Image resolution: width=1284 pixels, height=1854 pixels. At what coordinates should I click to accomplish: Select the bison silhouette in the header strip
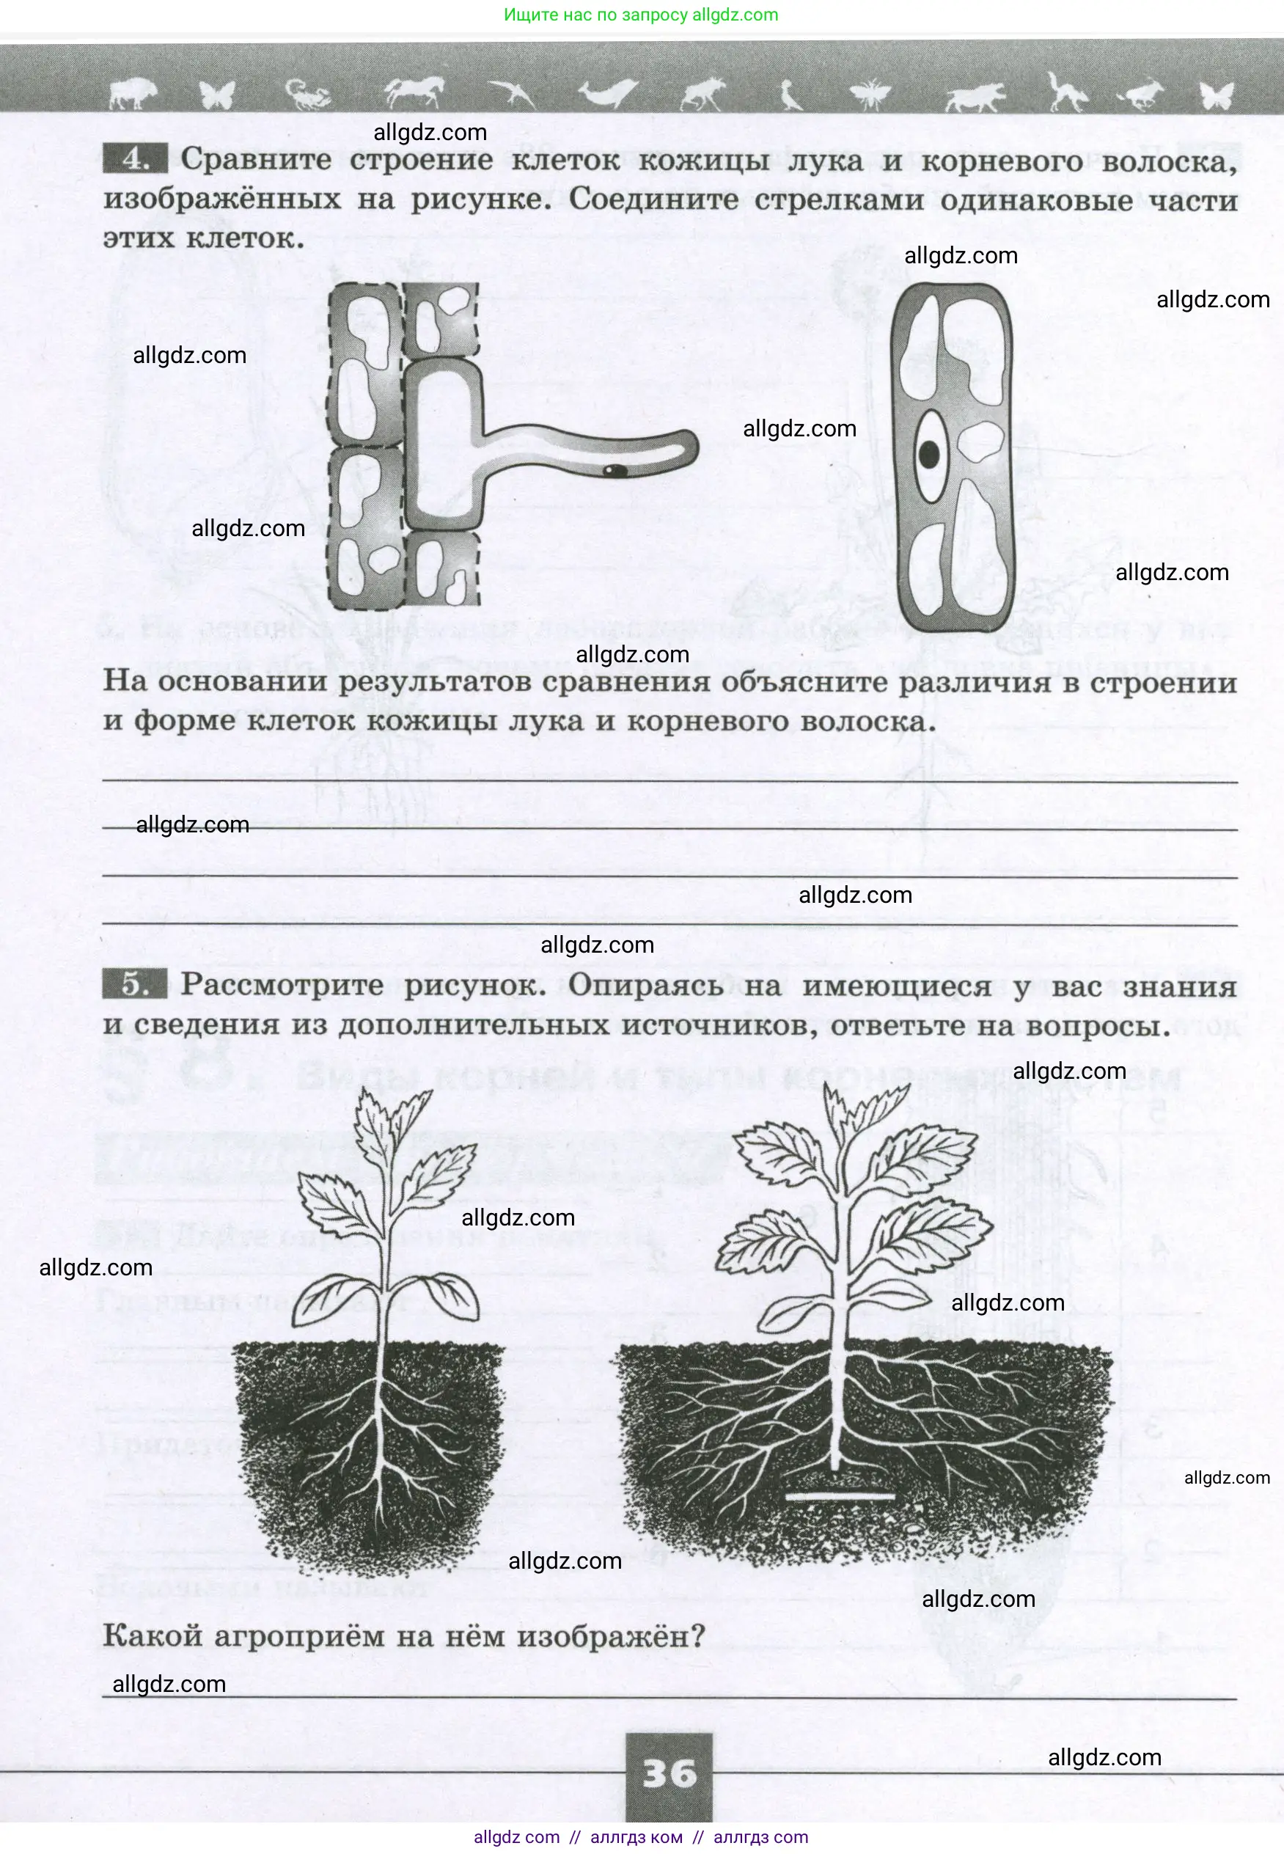click(x=133, y=93)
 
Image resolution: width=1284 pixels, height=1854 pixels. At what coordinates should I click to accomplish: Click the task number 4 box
click(x=134, y=158)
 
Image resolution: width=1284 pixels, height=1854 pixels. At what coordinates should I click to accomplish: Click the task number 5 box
click(x=134, y=984)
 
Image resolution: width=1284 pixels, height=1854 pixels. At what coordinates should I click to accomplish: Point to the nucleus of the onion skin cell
click(x=929, y=455)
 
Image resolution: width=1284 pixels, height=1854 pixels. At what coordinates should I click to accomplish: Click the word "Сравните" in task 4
click(x=256, y=159)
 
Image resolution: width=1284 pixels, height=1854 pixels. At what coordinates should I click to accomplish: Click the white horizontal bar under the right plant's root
click(x=840, y=1496)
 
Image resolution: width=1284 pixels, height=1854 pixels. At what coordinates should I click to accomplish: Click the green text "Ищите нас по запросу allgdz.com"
click(x=641, y=15)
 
